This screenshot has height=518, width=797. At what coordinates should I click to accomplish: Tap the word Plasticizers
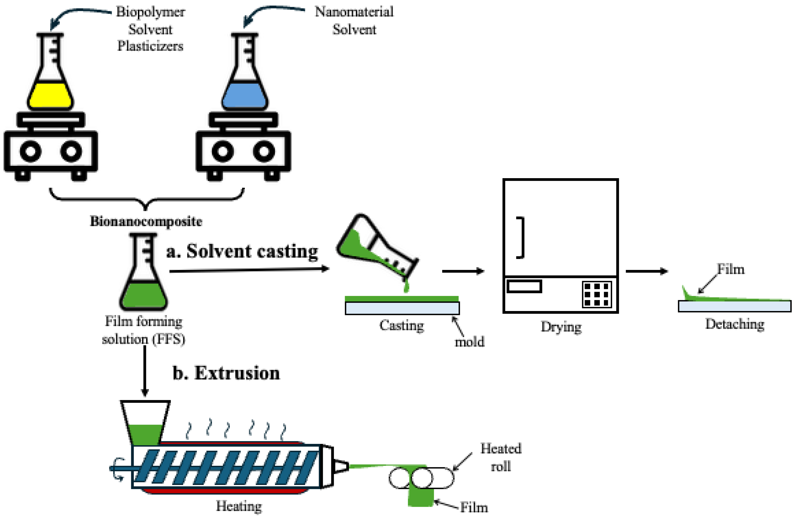click(150, 46)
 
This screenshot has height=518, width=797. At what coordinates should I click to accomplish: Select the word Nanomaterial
click(354, 12)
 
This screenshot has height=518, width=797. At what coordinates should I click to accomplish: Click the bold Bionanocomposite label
click(146, 221)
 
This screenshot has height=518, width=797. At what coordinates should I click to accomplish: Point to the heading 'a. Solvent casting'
click(242, 251)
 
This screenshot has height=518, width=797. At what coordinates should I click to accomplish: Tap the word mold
click(469, 342)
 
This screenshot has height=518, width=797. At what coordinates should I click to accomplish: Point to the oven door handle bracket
click(521, 238)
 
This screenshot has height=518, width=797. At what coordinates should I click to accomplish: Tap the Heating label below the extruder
click(239, 506)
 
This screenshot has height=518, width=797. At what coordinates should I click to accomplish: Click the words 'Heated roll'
click(501, 457)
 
